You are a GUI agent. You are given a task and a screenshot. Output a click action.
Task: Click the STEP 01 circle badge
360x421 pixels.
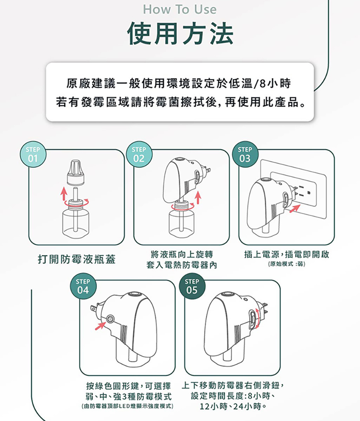point(33,154)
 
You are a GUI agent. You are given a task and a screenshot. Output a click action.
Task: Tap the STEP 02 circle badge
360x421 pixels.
point(138,154)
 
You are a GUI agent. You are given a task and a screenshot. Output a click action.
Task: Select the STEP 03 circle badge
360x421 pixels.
point(244,154)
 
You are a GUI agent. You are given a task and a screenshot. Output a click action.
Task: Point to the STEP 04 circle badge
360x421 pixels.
point(83,286)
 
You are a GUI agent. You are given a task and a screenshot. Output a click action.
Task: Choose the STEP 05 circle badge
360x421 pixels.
point(192,286)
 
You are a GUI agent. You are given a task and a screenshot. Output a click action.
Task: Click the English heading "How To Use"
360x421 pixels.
point(180,9)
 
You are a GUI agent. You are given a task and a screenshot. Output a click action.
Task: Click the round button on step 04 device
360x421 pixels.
point(110,319)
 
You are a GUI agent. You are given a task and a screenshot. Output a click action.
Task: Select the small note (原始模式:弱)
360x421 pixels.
point(286,264)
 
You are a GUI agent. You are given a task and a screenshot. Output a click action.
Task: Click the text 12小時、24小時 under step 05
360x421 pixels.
point(234,407)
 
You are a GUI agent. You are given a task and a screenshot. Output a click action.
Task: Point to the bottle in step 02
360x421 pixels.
point(181,222)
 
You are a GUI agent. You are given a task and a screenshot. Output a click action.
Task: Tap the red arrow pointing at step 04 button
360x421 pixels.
point(100,327)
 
